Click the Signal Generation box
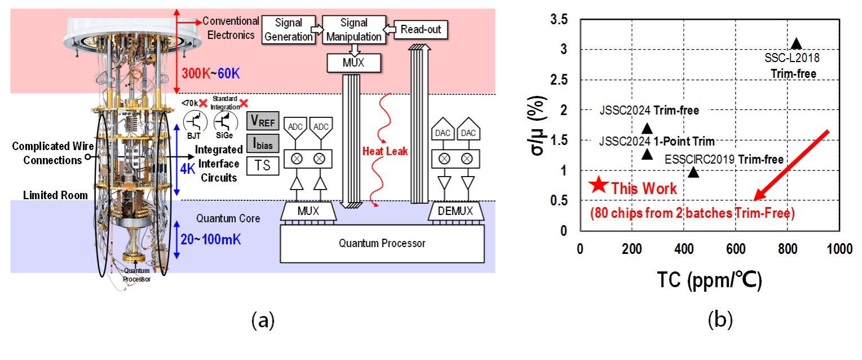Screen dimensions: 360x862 click(x=289, y=30)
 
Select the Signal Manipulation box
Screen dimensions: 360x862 click(x=354, y=30)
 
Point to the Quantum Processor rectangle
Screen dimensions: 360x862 click(x=382, y=244)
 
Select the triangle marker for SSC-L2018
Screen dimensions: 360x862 click(x=796, y=43)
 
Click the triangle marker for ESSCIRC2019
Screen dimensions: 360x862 click(x=693, y=172)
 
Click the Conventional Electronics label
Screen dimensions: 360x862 click(x=231, y=27)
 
